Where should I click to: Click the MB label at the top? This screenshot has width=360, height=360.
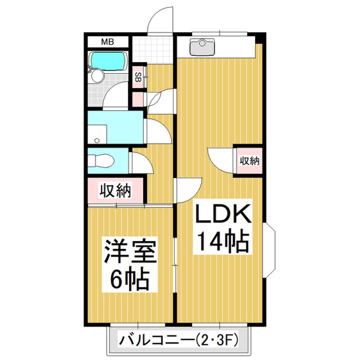pyautogui.click(x=107, y=42)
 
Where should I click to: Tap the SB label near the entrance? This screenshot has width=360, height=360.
pyautogui.click(x=138, y=77)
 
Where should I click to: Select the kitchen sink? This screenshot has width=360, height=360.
pyautogui.click(x=202, y=46)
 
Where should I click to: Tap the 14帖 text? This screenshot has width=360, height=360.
pyautogui.click(x=221, y=242)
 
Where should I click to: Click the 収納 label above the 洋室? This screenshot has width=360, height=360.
pyautogui.click(x=116, y=190)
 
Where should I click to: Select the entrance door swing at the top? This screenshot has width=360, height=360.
pyautogui.click(x=161, y=21)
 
